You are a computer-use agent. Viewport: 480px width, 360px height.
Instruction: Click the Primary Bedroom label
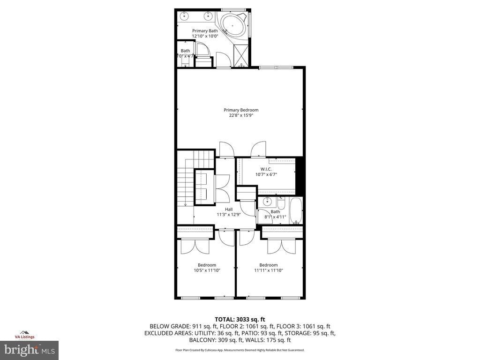240,110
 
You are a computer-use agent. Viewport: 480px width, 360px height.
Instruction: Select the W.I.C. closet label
266,169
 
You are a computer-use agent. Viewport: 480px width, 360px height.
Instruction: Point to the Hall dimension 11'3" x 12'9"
228,215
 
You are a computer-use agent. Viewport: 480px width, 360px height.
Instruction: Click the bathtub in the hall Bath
296,211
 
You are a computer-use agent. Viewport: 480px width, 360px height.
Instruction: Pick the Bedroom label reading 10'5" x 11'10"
207,265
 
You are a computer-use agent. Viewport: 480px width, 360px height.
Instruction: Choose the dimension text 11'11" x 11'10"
269,270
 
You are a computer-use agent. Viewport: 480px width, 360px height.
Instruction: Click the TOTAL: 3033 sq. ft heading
240,319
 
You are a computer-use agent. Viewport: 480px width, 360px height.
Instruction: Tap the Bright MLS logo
29,350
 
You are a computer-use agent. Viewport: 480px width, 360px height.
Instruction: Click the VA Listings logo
25,334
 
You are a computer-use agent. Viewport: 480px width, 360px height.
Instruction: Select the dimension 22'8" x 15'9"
240,115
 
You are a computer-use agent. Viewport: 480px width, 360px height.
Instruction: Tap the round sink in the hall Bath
267,202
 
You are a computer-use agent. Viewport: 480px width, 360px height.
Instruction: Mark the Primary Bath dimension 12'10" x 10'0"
205,36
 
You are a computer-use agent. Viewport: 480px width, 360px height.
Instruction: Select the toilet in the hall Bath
281,203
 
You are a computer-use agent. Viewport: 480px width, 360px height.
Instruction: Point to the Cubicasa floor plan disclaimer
240,350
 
